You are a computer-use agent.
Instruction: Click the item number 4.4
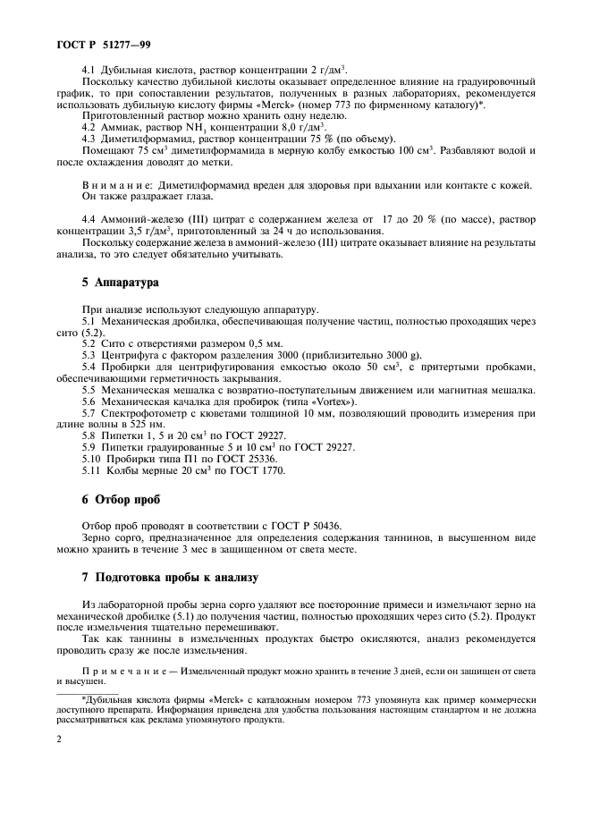[90, 218]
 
